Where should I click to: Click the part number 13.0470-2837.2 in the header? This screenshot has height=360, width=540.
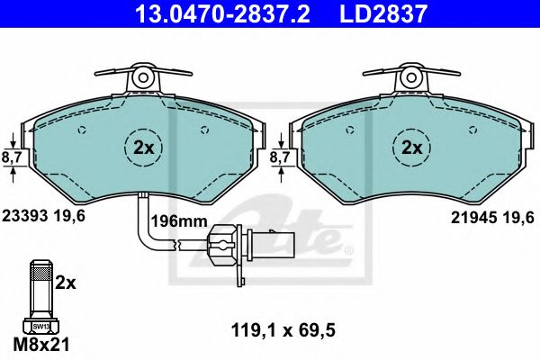pos(223,13)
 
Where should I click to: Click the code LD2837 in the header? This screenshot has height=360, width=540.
pos(383,13)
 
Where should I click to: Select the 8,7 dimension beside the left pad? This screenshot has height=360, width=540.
pos(12,157)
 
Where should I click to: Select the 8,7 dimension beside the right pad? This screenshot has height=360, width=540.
pos(280,157)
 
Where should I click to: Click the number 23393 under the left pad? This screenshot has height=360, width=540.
pos(25,216)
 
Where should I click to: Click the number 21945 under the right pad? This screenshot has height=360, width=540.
pos(474,218)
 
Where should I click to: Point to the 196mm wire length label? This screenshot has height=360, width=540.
pos(179,220)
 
